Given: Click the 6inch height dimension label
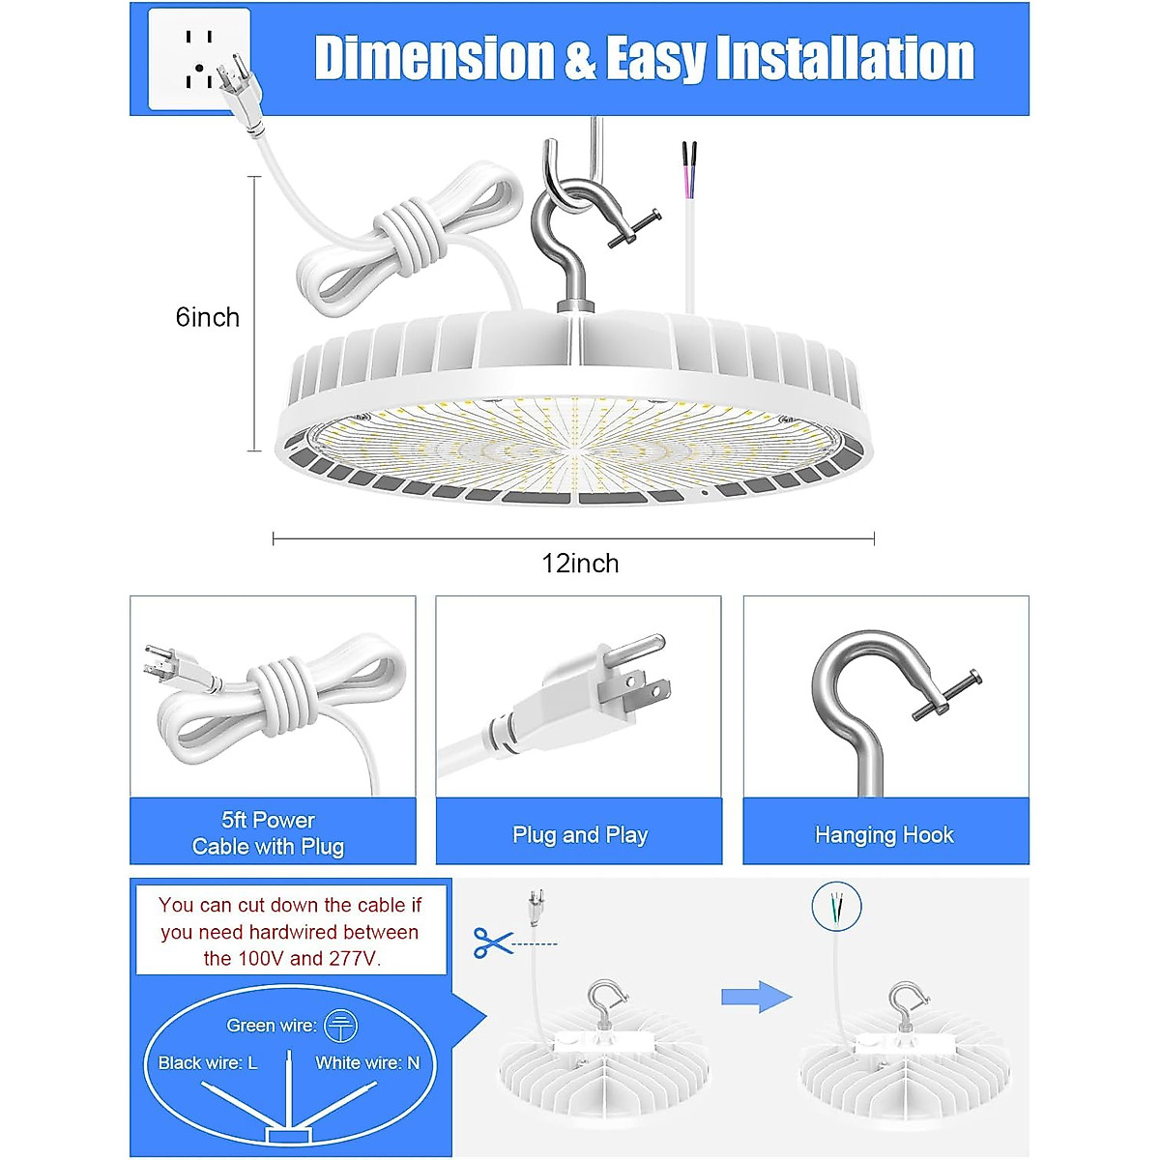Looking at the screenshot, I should tap(207, 317).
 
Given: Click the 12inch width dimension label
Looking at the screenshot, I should tap(580, 564).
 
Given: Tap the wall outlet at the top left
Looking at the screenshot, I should tap(198, 58).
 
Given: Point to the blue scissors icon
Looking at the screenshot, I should tap(492, 942).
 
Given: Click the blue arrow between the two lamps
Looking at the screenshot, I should tap(756, 996).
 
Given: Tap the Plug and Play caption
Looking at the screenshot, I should tap(580, 834).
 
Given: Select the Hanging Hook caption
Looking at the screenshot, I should tap(884, 834).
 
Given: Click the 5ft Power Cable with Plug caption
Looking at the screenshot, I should tap(268, 833).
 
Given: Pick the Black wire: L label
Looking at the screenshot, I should tap(208, 1062).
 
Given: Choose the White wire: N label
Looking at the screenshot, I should tap(367, 1062).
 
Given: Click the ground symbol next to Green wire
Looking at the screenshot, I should tap(340, 1026).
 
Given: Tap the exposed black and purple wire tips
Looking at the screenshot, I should tap(688, 157).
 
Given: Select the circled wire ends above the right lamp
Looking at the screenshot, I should tap(837, 907).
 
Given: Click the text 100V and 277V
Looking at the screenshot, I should tap(292, 959).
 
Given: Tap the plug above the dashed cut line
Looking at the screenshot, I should tap(532, 909).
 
